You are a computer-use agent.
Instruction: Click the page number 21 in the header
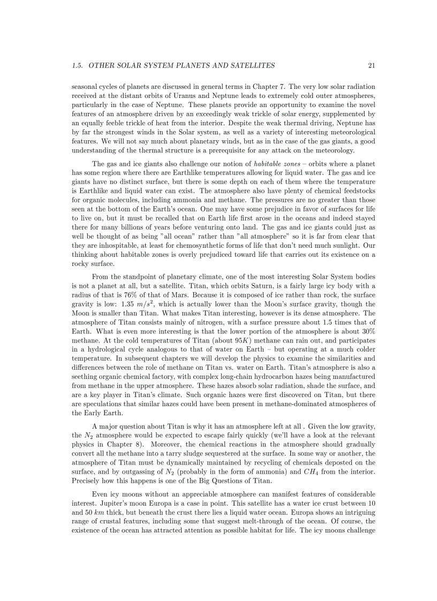click(371, 66)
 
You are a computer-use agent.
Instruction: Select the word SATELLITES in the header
click(251, 66)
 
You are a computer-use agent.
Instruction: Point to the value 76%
click(119, 293)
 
